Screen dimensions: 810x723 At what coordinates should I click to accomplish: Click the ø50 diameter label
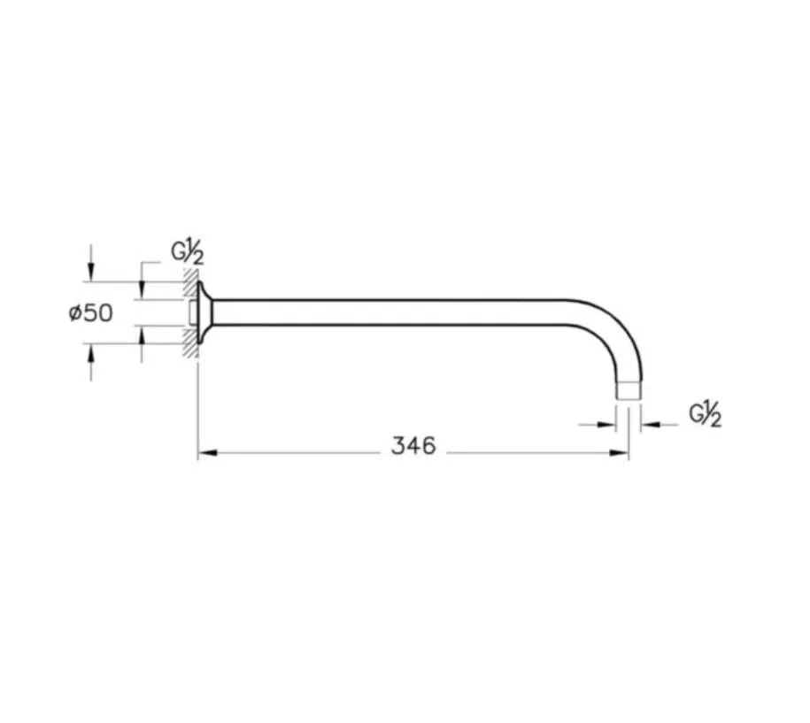[90, 313]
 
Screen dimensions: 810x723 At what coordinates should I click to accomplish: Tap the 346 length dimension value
[413, 446]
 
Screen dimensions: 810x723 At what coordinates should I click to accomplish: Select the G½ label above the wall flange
[188, 252]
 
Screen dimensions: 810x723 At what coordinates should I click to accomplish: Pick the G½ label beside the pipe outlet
[706, 414]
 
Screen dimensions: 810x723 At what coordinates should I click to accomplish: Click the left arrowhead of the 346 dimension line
[206, 453]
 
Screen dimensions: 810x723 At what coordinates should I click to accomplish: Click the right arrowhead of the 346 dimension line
[620, 453]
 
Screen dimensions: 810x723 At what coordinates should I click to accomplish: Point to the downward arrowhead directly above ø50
[91, 271]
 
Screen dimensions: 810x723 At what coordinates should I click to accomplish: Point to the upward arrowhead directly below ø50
[91, 354]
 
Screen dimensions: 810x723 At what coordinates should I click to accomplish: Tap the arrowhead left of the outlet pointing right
[606, 425]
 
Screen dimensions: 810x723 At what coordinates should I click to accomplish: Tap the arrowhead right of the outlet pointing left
[650, 425]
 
